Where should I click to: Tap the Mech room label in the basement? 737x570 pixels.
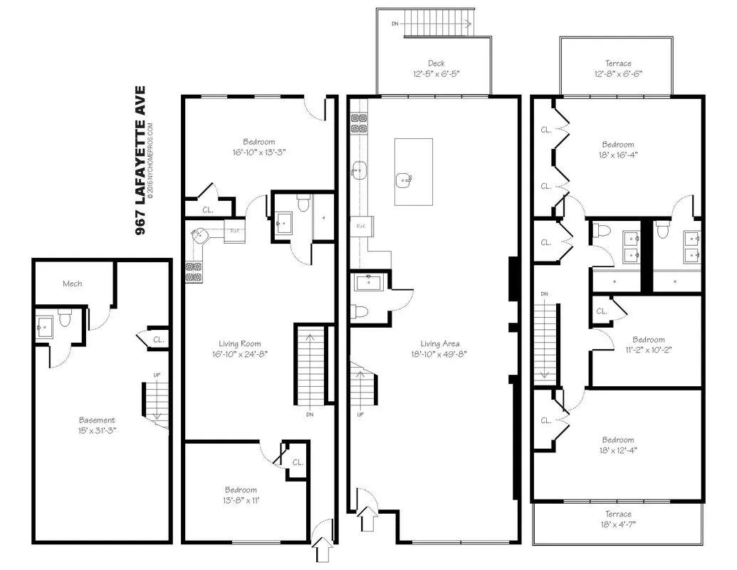72,284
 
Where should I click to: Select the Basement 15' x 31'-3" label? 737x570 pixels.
96,425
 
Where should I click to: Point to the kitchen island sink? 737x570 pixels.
404,179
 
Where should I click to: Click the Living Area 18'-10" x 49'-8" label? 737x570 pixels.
439,348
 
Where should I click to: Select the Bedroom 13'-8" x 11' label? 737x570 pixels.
241,494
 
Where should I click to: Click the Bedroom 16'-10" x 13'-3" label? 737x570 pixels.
259,147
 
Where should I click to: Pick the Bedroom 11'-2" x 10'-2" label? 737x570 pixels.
648,344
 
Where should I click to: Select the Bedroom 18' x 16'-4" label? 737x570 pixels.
617,149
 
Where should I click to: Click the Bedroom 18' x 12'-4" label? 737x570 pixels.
617,445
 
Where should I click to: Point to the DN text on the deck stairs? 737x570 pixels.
396,23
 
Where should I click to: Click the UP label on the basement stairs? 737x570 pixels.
157,374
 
